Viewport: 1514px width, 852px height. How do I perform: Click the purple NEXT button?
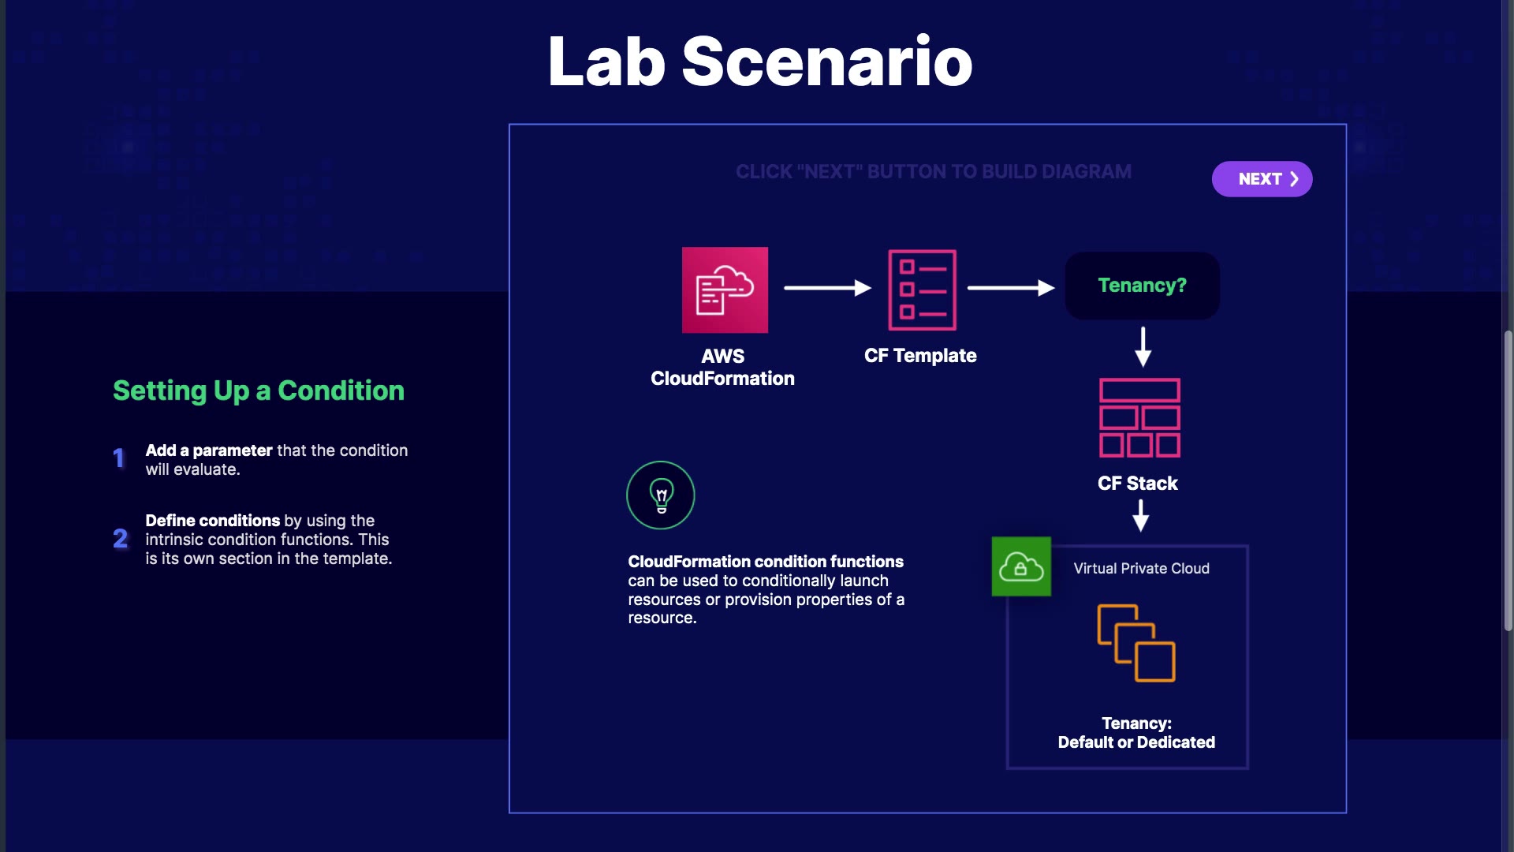(1262, 179)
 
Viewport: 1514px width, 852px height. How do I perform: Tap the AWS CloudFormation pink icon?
(725, 290)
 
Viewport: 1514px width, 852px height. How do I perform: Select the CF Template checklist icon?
(922, 290)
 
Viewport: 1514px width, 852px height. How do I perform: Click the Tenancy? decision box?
(1142, 286)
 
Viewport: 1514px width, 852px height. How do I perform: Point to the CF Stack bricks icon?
(1139, 417)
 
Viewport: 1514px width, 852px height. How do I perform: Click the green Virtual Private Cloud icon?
(1021, 566)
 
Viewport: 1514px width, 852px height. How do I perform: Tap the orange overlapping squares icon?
(1136, 643)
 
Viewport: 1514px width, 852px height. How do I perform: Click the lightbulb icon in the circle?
(661, 495)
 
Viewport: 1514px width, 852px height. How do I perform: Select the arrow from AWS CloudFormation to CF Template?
(827, 288)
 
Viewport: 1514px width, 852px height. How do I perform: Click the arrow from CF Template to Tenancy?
(1011, 288)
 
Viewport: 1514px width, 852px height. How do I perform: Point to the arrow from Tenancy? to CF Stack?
(1143, 347)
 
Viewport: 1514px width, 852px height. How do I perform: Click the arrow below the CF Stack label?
(1140, 515)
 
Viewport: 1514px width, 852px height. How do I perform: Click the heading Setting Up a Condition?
(259, 390)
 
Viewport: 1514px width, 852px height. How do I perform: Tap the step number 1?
(119, 458)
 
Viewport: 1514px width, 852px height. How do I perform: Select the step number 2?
(120, 539)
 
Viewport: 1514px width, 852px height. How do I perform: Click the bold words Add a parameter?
(209, 450)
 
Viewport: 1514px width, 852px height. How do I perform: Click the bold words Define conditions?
(213, 521)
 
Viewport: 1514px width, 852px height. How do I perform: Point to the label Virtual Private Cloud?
(1141, 569)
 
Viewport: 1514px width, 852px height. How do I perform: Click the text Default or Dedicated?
(1136, 742)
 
